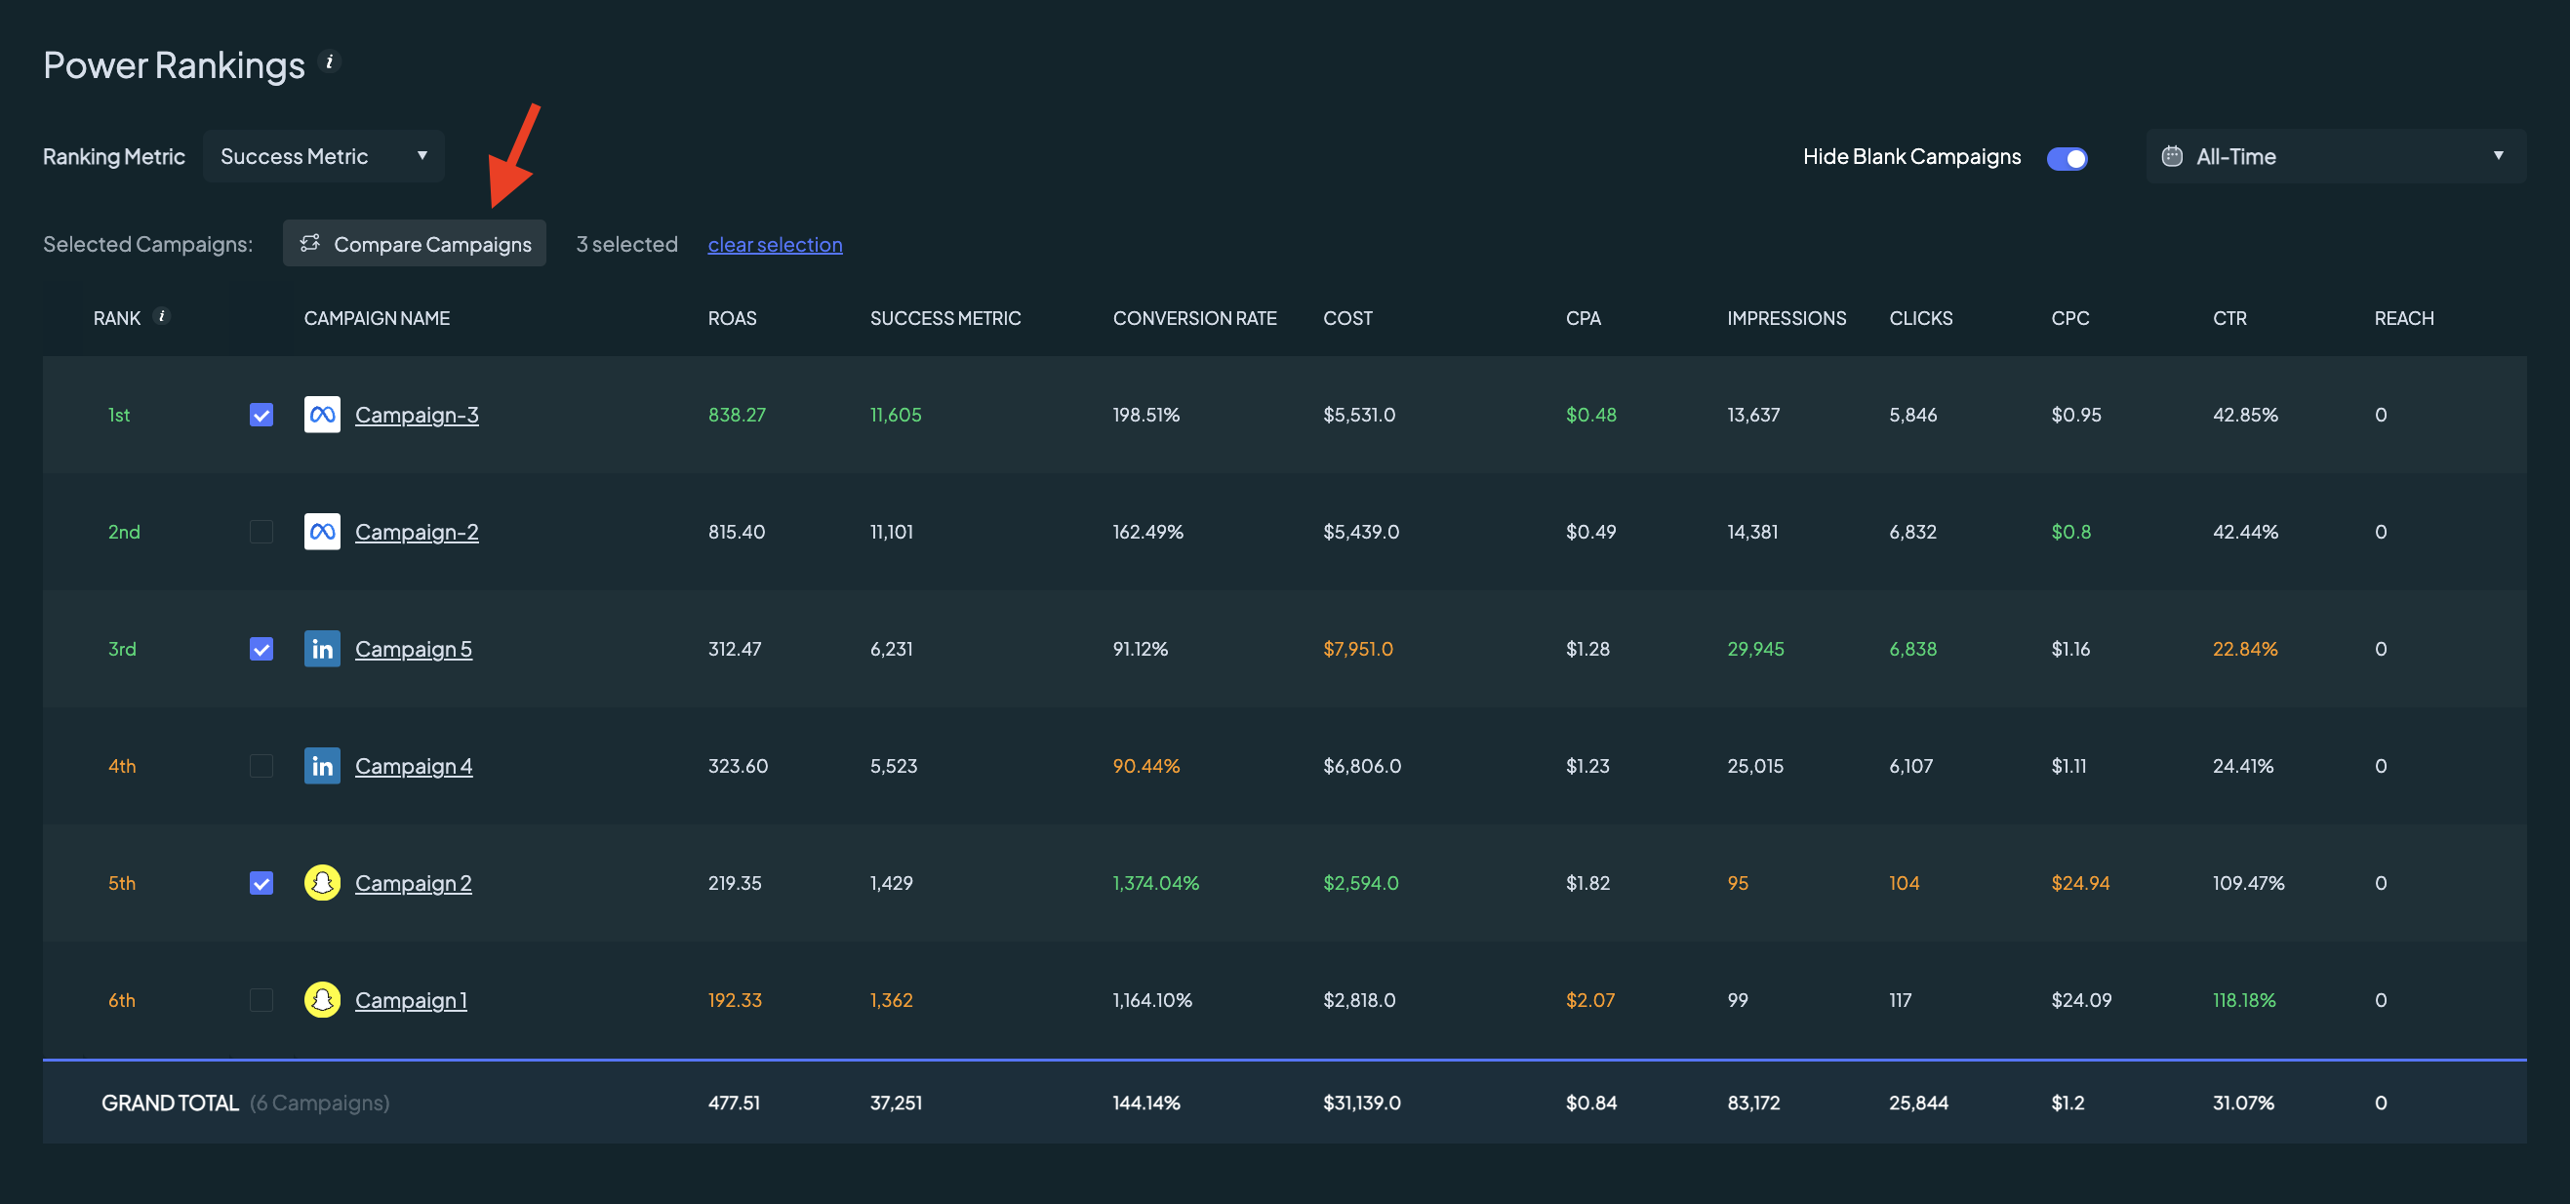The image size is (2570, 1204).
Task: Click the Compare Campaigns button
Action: tap(414, 243)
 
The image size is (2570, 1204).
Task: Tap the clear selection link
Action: tap(775, 244)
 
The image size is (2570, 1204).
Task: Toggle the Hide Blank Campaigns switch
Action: tap(2067, 158)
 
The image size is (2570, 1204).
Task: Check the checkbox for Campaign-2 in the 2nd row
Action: tap(261, 532)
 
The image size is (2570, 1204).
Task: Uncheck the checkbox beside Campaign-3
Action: tap(261, 415)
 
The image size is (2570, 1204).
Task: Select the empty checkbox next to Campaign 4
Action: tap(261, 766)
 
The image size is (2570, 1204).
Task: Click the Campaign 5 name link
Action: tap(413, 650)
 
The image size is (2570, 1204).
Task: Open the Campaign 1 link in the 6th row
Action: tap(411, 1000)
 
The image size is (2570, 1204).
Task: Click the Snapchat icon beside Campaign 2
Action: tap(322, 883)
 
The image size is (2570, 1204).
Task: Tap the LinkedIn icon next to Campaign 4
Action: tap(322, 766)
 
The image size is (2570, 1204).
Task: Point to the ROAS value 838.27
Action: tap(738, 415)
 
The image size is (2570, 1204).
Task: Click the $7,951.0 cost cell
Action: tap(1358, 650)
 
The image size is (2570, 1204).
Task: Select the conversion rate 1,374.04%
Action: tap(1155, 883)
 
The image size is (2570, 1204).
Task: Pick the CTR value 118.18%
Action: tap(2244, 1000)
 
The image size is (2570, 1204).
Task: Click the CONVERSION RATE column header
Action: tap(1194, 318)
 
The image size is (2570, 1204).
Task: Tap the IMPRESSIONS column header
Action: tap(1786, 318)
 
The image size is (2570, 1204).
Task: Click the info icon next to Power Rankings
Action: tap(329, 61)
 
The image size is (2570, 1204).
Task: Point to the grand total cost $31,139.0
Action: tap(1362, 1103)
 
